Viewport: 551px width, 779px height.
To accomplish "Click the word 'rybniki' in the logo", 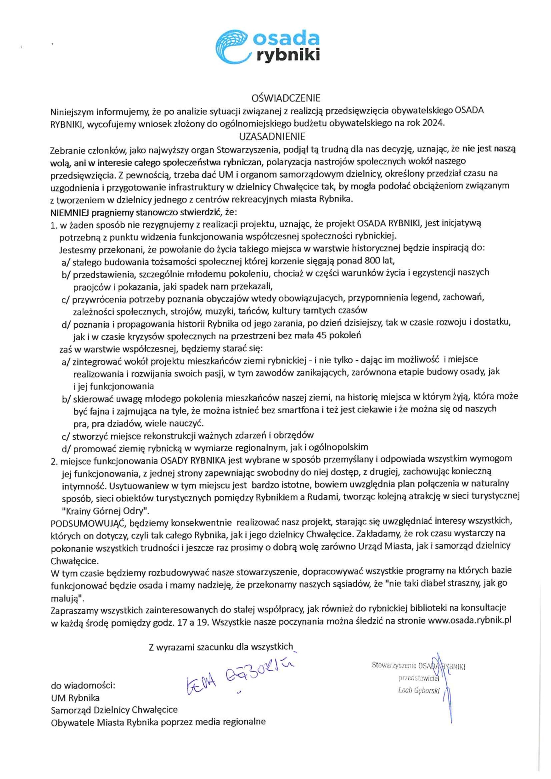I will pos(288,55).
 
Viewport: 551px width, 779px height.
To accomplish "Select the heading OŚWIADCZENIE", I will pos(286,98).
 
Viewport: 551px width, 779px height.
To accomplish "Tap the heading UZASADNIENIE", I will pos(272,136).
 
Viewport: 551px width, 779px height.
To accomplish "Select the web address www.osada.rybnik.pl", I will pos(469,620).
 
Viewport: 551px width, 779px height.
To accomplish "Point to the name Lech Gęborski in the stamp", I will pos(418,690).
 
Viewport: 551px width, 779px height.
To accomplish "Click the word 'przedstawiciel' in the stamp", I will pos(418,678).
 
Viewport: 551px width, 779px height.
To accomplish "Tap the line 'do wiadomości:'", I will pos(83,685).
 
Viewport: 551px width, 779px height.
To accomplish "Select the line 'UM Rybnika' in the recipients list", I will pos(75,698).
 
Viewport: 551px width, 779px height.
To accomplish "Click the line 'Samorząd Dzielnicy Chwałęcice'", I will pos(114,710).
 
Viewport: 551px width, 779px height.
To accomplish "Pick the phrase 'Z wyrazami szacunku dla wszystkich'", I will pos(220,647).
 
